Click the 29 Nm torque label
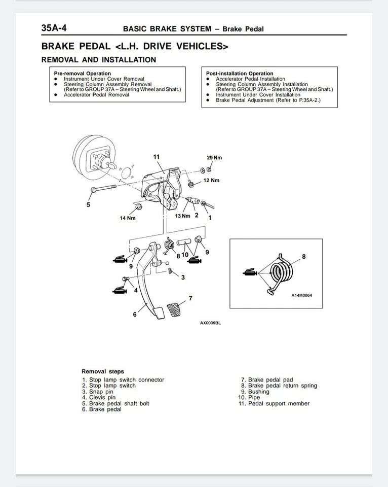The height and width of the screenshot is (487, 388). click(x=214, y=158)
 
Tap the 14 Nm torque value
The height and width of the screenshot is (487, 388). click(x=128, y=218)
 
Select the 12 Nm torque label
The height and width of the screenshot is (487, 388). click(x=211, y=181)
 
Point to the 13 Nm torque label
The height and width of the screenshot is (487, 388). click(x=182, y=216)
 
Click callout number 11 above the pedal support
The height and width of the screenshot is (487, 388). click(x=157, y=156)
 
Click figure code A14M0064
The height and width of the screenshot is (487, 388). click(x=301, y=295)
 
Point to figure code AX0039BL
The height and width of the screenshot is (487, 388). click(x=210, y=323)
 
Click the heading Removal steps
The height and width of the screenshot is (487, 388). click(x=102, y=371)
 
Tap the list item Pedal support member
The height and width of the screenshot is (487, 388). click(x=278, y=404)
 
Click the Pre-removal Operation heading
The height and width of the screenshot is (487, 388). click(x=82, y=74)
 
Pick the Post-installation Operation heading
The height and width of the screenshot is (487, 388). click(x=239, y=74)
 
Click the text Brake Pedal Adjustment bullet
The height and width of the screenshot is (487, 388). click(x=268, y=100)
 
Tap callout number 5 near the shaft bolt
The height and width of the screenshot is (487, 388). click(x=88, y=205)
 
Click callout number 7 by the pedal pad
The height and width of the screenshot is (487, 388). click(x=190, y=298)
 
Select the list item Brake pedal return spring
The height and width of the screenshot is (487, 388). click(x=282, y=386)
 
